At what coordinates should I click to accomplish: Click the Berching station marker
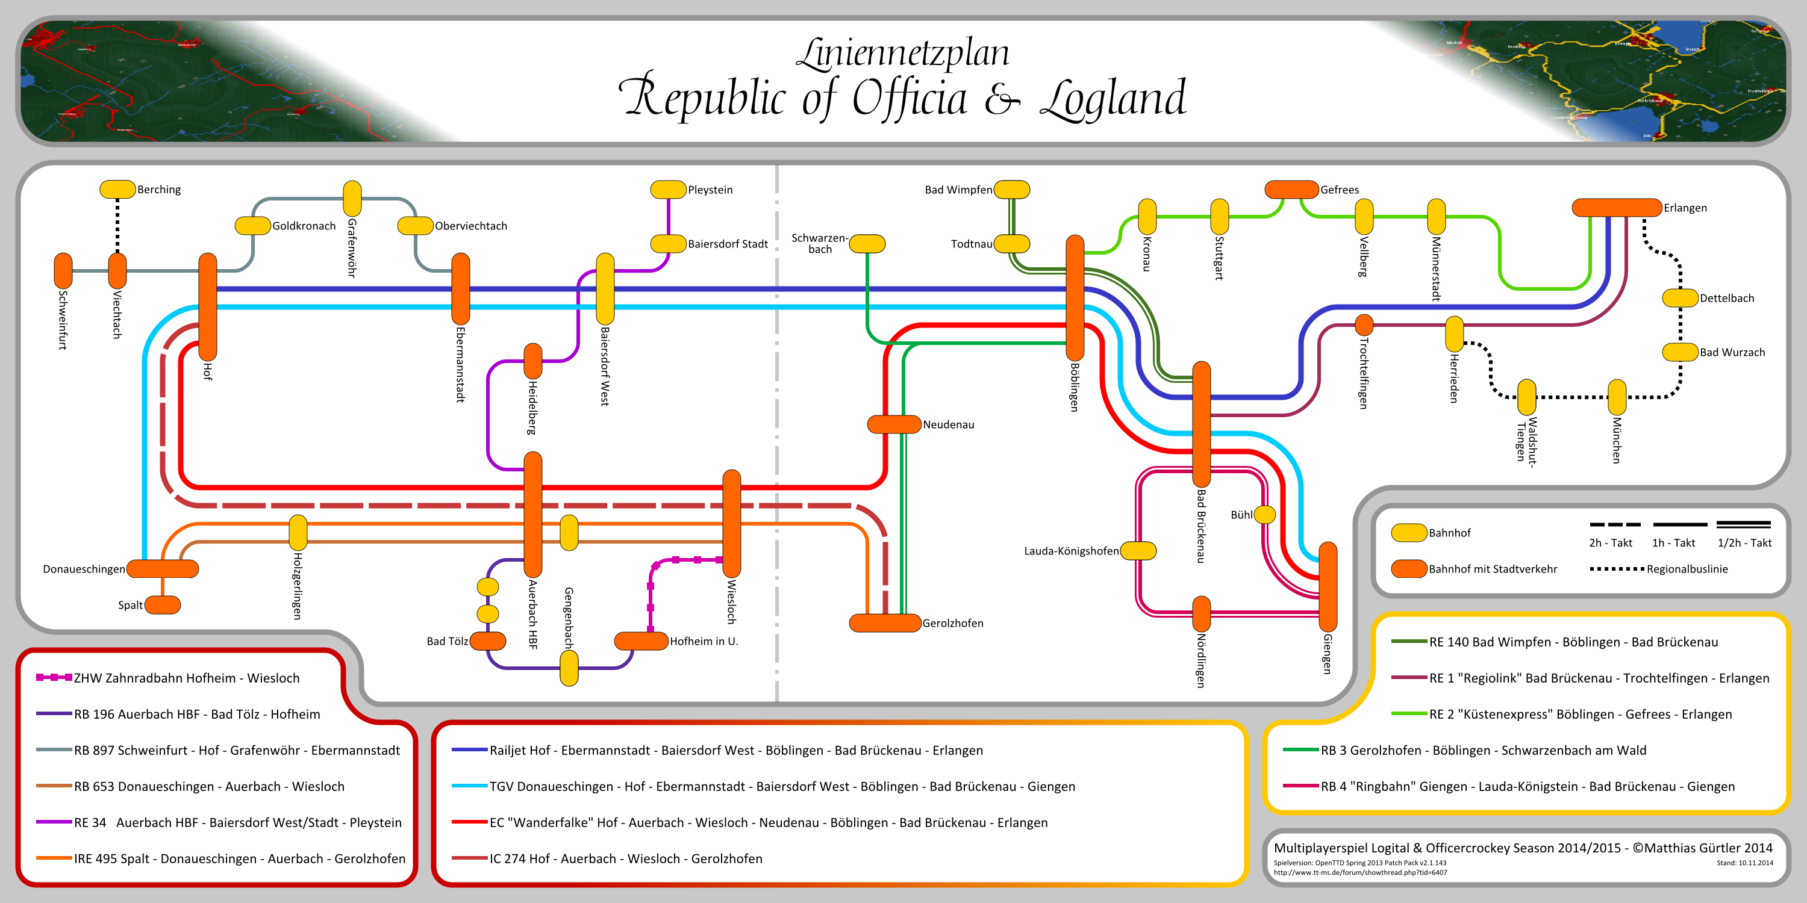[117, 189]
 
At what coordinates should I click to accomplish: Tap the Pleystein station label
[710, 190]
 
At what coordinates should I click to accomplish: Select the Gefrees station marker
[1291, 189]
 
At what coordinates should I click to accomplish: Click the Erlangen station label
[1685, 208]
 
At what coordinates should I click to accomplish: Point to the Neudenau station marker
[894, 424]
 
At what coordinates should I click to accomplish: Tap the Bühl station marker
[1265, 515]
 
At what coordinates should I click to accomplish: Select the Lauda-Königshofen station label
[1071, 551]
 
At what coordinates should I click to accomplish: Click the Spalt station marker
[163, 604]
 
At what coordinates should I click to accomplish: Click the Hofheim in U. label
[704, 642]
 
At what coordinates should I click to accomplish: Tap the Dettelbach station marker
[1680, 298]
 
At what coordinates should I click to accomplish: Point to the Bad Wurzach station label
[1732, 353]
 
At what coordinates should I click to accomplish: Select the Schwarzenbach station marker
[868, 243]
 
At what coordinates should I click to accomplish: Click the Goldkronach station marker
[252, 226]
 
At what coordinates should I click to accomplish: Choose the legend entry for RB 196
[196, 715]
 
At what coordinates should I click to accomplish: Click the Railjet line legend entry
[736, 751]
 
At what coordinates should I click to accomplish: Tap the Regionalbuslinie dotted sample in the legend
[1617, 568]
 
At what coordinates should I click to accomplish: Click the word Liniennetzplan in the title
[903, 54]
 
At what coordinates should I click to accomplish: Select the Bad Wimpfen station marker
[1011, 189]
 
